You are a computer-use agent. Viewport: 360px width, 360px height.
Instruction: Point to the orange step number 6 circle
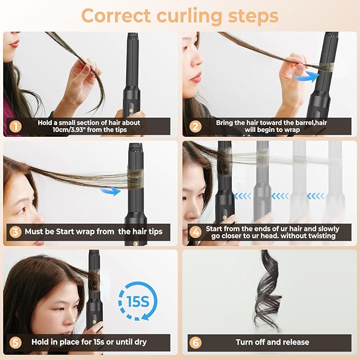(x=196, y=342)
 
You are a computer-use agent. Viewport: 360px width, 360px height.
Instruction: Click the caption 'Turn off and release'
(x=273, y=342)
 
